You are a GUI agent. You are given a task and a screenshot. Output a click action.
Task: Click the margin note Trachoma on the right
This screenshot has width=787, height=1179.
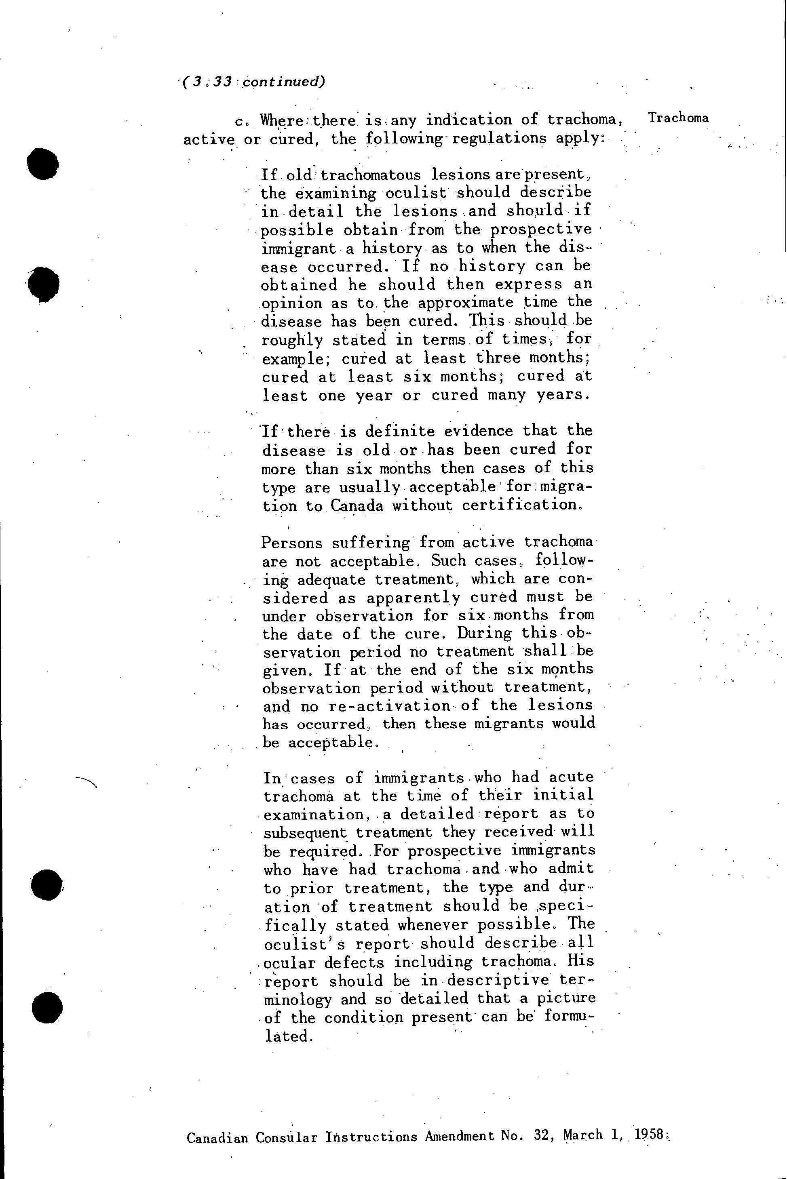pyautogui.click(x=678, y=118)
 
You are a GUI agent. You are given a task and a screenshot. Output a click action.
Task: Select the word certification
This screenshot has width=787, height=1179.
pyautogui.click(x=521, y=505)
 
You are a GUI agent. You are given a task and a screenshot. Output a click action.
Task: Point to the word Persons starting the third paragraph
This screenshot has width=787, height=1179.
pyautogui.click(x=293, y=543)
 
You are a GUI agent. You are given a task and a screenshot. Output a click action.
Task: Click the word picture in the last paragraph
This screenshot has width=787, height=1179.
pyautogui.click(x=566, y=998)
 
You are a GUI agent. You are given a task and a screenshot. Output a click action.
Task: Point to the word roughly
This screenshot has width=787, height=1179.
pyautogui.click(x=293, y=340)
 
